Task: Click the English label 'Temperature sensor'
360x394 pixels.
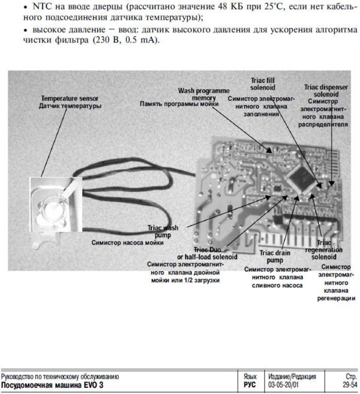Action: [x=70, y=98]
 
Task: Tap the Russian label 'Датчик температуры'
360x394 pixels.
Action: [x=70, y=106]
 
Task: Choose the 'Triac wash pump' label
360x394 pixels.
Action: [x=163, y=231]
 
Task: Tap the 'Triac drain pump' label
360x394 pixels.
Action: [x=275, y=257]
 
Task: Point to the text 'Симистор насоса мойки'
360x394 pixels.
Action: [x=127, y=243]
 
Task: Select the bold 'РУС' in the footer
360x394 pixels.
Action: [x=250, y=384]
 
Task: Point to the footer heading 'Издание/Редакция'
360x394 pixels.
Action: [x=292, y=376]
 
